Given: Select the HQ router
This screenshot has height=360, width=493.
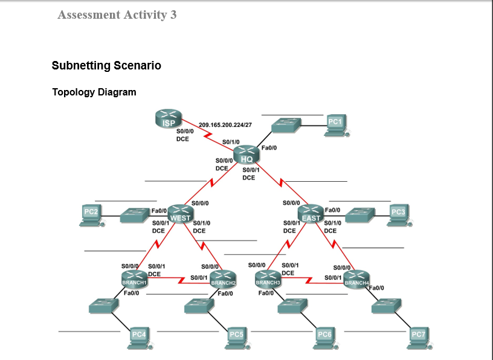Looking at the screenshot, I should [x=245, y=155].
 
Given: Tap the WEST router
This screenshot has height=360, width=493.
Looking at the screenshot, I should [x=179, y=214].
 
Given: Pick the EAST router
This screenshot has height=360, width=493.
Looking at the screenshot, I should [x=311, y=214].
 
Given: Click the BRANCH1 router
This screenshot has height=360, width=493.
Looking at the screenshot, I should [x=134, y=278].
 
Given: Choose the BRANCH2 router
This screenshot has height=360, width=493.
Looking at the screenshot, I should [x=222, y=279].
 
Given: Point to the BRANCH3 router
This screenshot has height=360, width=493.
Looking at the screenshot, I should [x=268, y=278].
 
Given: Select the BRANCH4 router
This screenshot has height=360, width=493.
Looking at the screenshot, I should [x=356, y=279].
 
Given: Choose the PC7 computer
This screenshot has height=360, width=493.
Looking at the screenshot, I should [x=417, y=338].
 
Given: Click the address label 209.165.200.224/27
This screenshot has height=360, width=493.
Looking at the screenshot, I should [x=225, y=124].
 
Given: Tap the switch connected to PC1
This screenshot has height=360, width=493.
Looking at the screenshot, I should [x=286, y=125].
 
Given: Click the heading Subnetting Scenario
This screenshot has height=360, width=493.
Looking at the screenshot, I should [x=106, y=65].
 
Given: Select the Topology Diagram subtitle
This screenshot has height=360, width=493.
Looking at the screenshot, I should [x=94, y=92].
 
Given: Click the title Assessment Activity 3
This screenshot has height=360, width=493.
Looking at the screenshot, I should [x=117, y=14].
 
